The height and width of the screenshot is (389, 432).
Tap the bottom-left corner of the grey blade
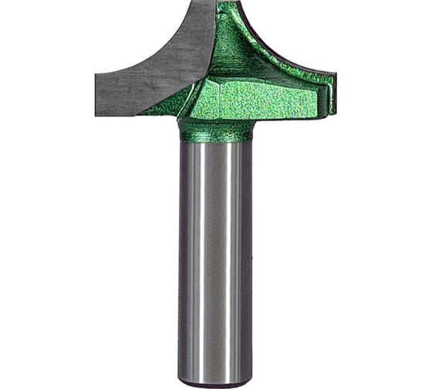pos(98,113)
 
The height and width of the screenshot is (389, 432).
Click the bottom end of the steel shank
pos(217,383)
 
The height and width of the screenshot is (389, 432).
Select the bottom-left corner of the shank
pos(182,381)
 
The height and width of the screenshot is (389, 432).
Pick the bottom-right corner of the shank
pos(251,381)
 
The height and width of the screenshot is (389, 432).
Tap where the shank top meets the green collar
pos(217,143)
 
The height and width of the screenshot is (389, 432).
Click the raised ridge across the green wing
pos(262,73)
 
